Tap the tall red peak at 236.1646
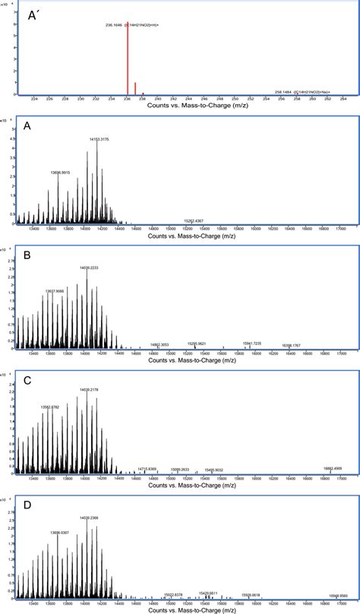[x=127, y=61]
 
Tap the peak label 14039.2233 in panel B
[x=88, y=267]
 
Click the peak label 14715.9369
[x=147, y=469]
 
